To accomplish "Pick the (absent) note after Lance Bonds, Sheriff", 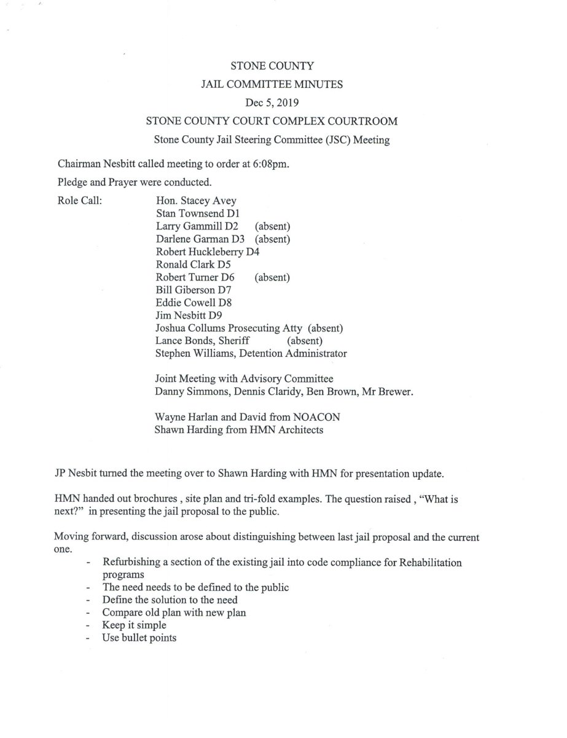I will pos(305,341).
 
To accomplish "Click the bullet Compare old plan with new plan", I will pos(162,613).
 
